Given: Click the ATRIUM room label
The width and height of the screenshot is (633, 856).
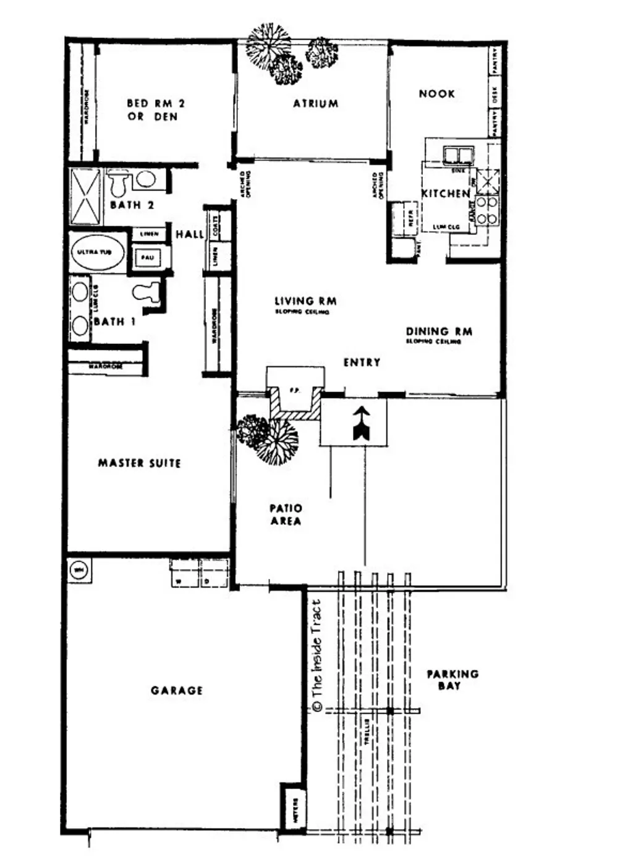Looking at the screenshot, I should (315, 104).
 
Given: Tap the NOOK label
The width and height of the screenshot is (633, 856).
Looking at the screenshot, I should (436, 94).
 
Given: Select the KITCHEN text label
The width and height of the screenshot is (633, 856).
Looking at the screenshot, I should (445, 194).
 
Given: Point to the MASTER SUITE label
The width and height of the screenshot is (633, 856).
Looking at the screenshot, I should (139, 463).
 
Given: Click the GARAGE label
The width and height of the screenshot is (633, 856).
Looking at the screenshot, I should (176, 690).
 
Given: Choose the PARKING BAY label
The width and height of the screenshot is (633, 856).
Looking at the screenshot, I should (452, 679).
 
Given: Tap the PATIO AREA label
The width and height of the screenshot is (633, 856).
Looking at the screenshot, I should (286, 515).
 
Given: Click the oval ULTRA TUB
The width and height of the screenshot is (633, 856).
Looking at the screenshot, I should (96, 252).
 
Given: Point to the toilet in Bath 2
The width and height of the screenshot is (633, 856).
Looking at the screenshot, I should (118, 183).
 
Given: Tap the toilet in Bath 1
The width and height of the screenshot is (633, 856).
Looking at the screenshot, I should (147, 291).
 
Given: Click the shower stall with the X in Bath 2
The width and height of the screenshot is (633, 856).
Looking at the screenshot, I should (85, 196).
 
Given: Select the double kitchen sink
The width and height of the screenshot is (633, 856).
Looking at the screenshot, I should (458, 153).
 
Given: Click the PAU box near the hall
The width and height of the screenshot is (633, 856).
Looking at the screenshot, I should (147, 257).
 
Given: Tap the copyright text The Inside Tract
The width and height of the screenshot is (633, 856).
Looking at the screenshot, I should (317, 656).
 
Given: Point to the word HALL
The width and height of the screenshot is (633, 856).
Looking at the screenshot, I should (189, 234).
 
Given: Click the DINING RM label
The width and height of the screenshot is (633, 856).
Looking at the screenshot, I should (439, 332).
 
